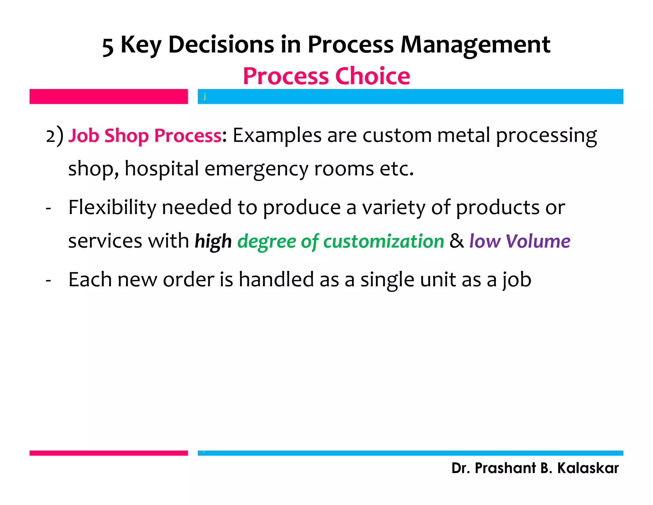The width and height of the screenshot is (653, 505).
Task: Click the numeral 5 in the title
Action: coord(108,47)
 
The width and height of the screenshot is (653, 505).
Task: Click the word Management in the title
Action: coord(475,44)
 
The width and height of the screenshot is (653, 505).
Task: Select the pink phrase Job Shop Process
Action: coord(145,136)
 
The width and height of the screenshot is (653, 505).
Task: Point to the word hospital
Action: coord(162,169)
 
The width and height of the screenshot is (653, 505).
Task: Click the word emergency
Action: coord(256,169)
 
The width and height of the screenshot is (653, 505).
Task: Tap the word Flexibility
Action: coord(112,207)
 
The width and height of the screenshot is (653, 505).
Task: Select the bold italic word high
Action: coord(213,241)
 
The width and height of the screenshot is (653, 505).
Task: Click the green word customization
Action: coord(384,241)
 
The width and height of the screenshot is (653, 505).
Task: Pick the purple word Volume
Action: coord(538,241)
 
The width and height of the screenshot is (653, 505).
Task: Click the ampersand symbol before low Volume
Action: coord(457,241)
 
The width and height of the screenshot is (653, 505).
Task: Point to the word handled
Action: coord(276,280)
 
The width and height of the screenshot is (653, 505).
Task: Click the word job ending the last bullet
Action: coord(517,280)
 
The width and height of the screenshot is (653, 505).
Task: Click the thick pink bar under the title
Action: coord(109,96)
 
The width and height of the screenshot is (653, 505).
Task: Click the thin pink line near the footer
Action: coord(109,453)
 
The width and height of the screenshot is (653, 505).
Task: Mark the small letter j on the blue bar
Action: coord(205,96)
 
